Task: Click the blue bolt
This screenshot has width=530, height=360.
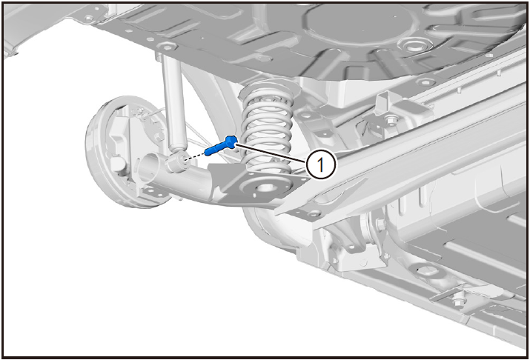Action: (221, 145)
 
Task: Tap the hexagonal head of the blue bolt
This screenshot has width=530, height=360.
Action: (231, 141)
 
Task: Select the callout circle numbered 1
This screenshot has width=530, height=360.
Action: (321, 165)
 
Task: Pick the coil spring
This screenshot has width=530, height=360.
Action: (267, 128)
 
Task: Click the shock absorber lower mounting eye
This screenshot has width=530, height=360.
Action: (176, 161)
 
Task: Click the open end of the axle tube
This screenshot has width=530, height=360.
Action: (149, 168)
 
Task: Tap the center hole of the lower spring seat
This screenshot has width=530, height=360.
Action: (265, 187)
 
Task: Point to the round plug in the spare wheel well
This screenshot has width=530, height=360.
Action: (413, 44)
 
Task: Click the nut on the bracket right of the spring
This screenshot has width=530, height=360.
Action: (391, 119)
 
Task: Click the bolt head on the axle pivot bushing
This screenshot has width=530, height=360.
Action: (379, 224)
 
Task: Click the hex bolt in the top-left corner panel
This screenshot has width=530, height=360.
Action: (88, 18)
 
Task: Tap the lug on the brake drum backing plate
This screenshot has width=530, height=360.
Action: (116, 164)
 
